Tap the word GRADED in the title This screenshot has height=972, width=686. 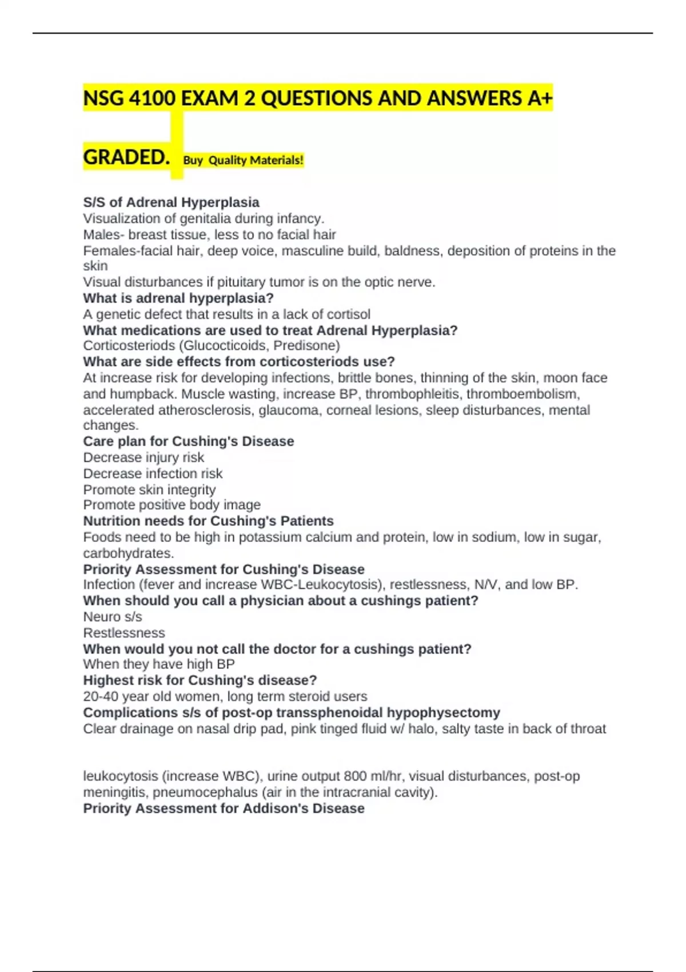click(126, 157)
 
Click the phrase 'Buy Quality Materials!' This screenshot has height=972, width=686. click(243, 161)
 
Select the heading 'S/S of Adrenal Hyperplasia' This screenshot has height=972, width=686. click(171, 202)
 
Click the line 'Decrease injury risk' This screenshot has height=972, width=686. click(143, 457)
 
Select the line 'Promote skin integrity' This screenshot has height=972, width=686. click(149, 489)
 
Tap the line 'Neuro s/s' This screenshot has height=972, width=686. click(113, 616)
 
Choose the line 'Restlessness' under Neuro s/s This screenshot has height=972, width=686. click(124, 633)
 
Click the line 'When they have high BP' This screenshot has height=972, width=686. click(159, 664)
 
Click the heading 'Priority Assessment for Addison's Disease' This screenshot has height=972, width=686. click(224, 808)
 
